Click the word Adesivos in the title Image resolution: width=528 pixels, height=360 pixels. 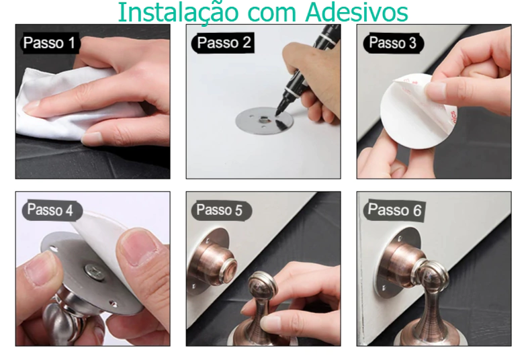[x=357, y=12]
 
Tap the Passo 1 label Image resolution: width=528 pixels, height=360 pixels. [x=50, y=43]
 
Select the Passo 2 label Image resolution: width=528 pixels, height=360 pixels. [x=223, y=43]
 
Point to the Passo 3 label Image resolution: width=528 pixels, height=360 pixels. [x=392, y=43]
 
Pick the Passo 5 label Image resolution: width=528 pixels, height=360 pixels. [x=220, y=210]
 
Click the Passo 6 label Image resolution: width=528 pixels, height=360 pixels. [x=394, y=210]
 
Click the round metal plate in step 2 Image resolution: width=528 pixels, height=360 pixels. [x=264, y=121]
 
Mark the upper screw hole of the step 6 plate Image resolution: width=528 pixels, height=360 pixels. [x=400, y=239]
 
